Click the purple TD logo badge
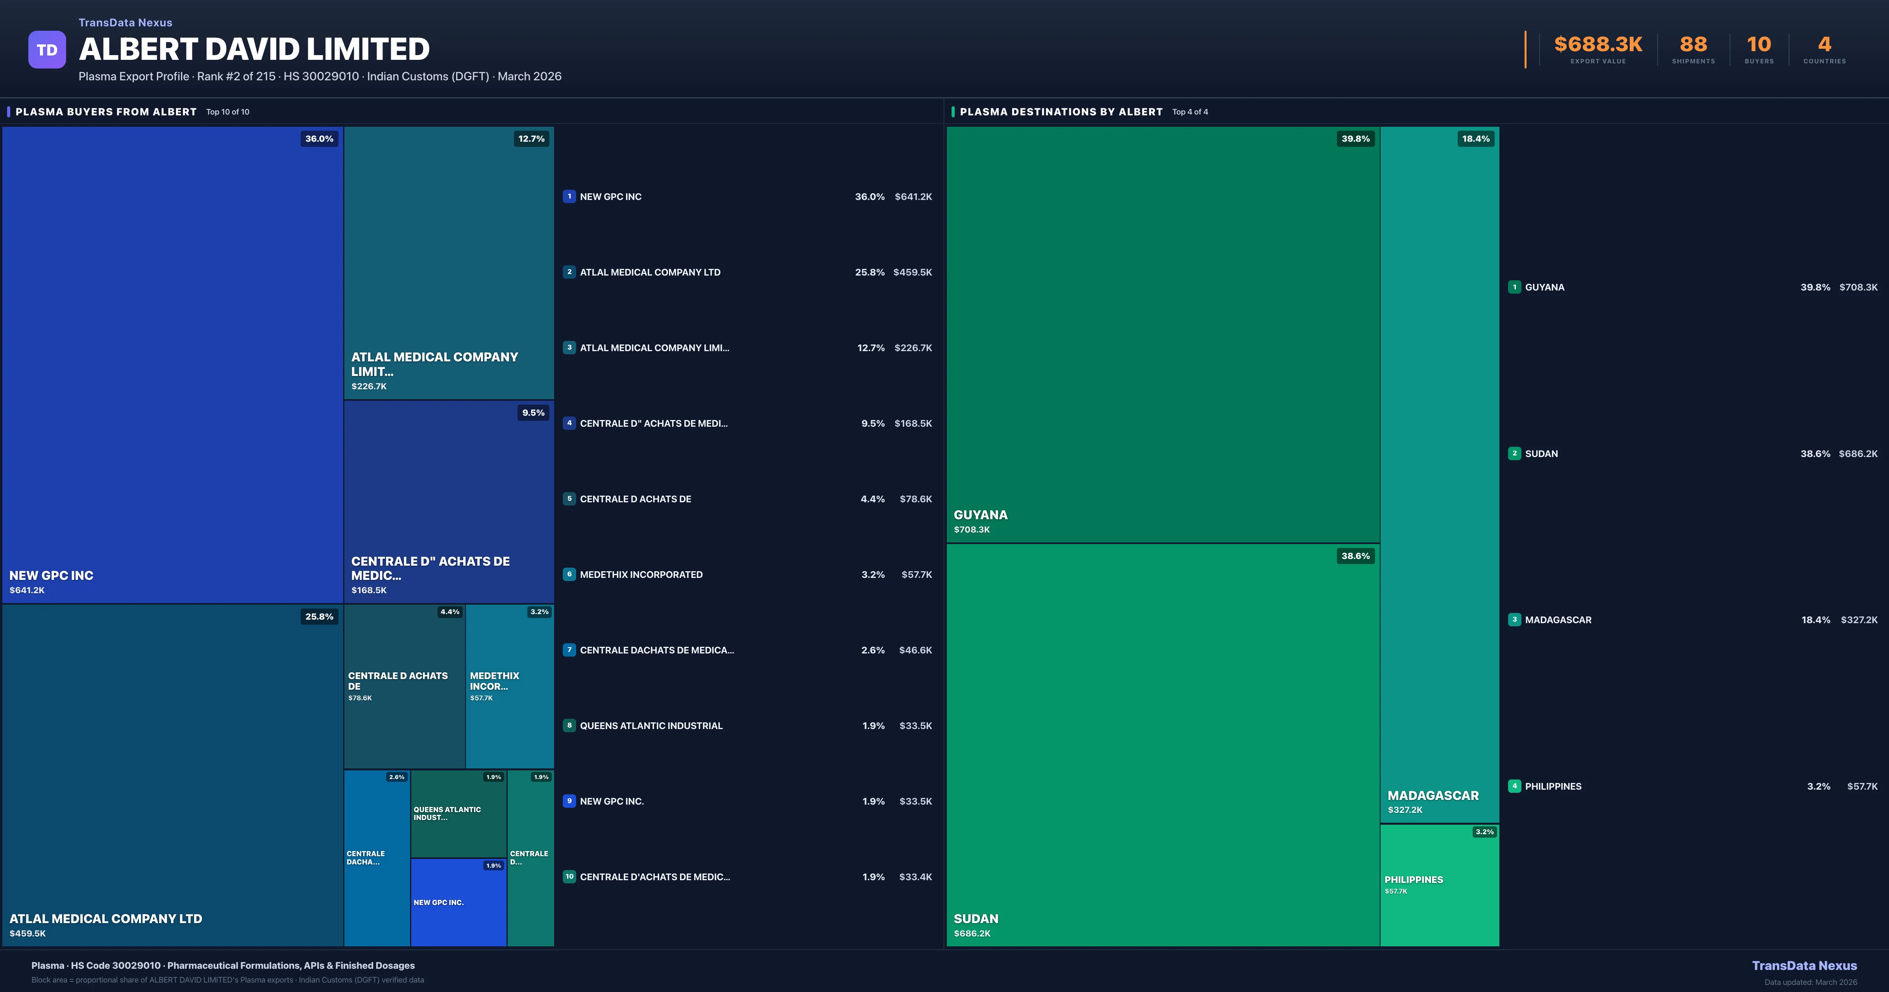[47, 50]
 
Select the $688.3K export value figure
[1598, 45]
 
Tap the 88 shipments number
[1693, 45]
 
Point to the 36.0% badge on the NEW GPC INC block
[319, 139]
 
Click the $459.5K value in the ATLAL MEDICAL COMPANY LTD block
[28, 933]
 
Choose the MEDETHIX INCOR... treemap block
[510, 686]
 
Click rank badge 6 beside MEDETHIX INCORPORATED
[569, 574]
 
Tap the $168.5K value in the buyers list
[913, 423]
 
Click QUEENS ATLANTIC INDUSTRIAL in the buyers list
[651, 725]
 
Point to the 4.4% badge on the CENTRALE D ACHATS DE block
[449, 612]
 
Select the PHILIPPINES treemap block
[1440, 885]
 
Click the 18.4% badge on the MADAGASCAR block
[1475, 139]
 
